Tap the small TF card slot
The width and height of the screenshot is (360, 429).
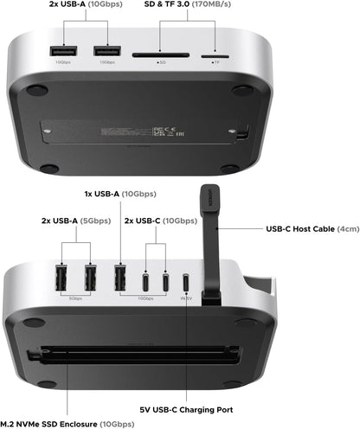click(209, 54)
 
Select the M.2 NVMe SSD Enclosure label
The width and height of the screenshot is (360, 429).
click(67, 423)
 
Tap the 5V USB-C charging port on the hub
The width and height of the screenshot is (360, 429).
click(184, 283)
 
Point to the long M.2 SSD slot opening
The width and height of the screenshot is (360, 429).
click(138, 353)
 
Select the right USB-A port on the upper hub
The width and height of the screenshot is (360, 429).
click(106, 50)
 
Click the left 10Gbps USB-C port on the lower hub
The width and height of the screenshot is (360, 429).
click(145, 283)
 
